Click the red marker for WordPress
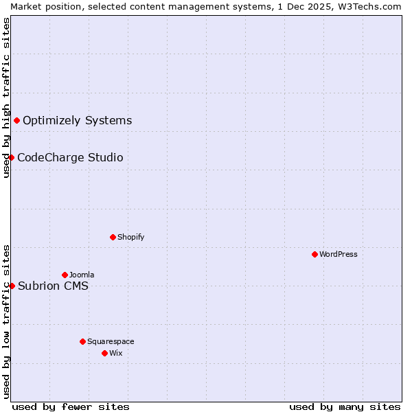point(314,254)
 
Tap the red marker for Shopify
point(113,237)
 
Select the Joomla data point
point(65,275)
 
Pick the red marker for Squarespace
point(82,341)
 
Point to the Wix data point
point(104,353)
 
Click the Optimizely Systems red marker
point(16,121)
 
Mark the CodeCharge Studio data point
point(11,157)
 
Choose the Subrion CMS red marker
point(12,286)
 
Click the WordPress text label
point(339,254)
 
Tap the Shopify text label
point(130,237)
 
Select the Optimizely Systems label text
point(77,121)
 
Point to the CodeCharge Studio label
point(70,158)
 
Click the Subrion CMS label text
point(53,286)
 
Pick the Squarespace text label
point(111,341)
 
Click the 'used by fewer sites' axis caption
point(71,407)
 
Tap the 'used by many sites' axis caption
point(345,407)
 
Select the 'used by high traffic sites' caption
point(6,98)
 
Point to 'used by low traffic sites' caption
point(6,321)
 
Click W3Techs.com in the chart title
point(374,6)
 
